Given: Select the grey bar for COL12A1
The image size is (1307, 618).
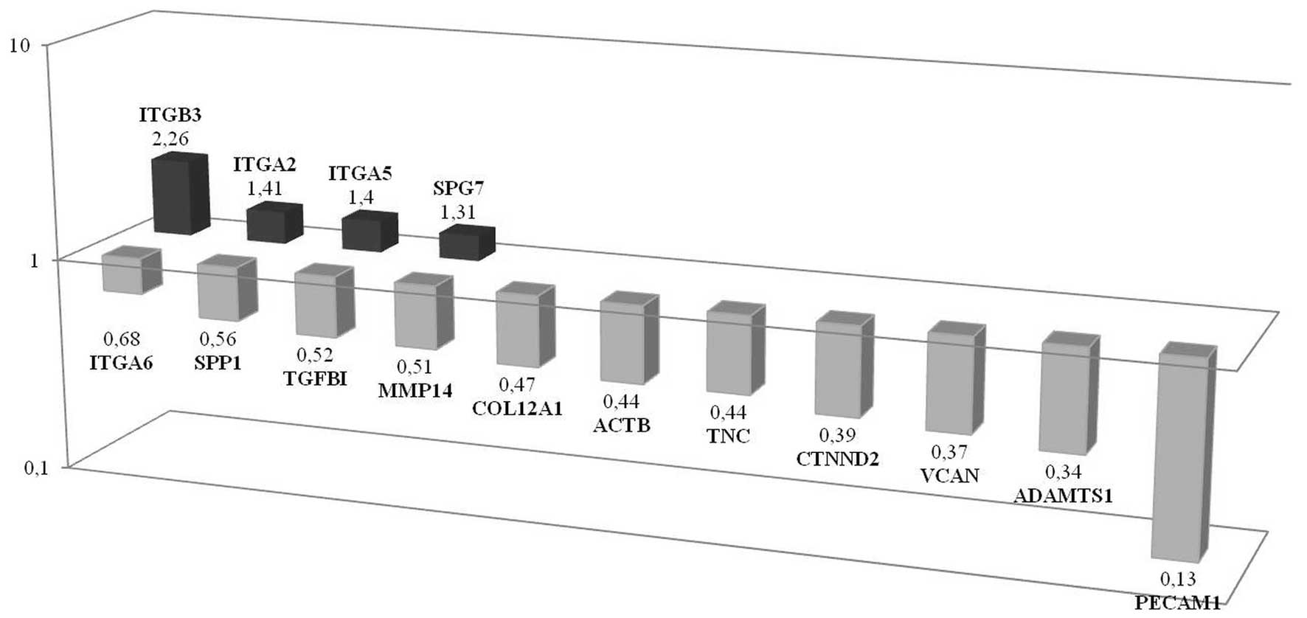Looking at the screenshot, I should [x=519, y=328].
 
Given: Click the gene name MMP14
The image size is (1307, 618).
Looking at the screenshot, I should [x=415, y=391].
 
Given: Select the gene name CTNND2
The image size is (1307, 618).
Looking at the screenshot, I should [x=837, y=459].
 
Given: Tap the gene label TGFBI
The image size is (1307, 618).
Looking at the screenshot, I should [x=315, y=380].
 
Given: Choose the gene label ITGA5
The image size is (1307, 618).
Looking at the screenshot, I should [x=360, y=175].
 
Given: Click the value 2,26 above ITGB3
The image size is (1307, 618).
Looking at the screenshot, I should [x=170, y=139].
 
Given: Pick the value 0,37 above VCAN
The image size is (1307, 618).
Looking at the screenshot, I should [x=948, y=452].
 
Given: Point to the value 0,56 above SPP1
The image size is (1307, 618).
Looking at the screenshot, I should [x=218, y=339].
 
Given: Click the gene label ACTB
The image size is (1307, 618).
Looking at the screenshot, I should [x=622, y=426].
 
